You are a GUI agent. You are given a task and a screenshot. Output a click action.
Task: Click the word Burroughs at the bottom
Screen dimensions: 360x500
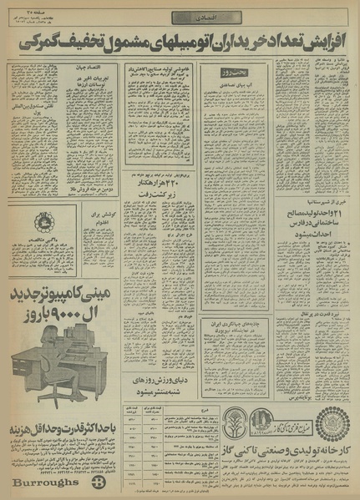point(43,483)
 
